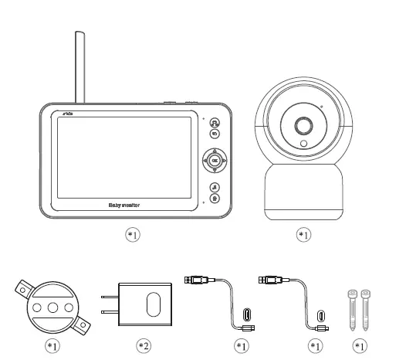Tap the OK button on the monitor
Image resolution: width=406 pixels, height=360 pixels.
[x=215, y=161]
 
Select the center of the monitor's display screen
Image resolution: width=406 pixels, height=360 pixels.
[x=114, y=155]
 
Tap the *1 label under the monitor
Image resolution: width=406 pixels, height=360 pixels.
[x=134, y=233]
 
